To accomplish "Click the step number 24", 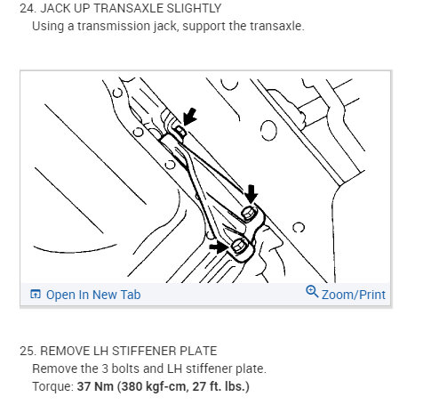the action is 28,8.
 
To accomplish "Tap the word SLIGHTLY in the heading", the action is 194,8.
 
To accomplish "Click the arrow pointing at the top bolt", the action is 189,117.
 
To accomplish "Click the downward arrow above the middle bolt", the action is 251,194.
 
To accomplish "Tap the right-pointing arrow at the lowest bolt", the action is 219,247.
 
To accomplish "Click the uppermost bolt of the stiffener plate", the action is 180,131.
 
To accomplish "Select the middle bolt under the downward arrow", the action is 247,213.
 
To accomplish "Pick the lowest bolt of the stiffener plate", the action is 237,246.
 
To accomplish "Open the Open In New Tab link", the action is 93,295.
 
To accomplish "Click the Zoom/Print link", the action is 354,295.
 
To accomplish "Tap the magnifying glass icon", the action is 312,291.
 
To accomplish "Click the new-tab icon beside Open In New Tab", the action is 36,294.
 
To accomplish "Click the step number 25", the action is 28,351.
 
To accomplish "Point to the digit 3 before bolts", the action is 105,369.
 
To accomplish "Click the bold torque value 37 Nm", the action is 95,386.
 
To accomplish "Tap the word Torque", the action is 52,387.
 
